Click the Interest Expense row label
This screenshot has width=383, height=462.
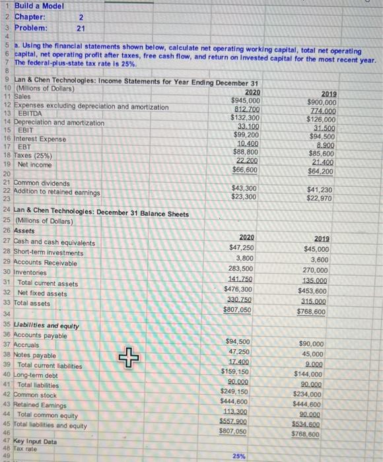[44, 139]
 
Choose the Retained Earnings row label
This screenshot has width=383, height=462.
[48, 405]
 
